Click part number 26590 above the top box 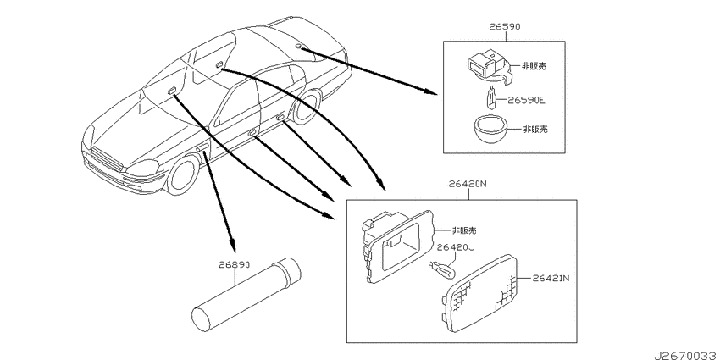tap(505, 27)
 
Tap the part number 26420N tap(468, 185)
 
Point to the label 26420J tap(455, 248)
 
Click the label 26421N tap(551, 278)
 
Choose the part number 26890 tap(234, 265)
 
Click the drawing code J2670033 tap(686, 356)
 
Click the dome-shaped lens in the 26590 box tap(490, 129)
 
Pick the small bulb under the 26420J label tap(443, 268)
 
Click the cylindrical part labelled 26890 tap(246, 294)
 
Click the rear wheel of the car tap(307, 107)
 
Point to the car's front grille tap(106, 162)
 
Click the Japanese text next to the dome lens tap(535, 129)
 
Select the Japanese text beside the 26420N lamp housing tap(464, 230)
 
